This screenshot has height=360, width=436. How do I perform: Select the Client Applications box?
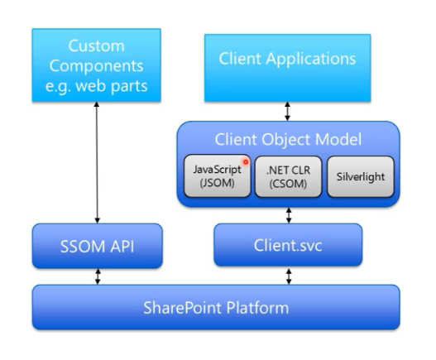click(x=287, y=59)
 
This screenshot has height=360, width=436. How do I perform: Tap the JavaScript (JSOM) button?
click(x=217, y=177)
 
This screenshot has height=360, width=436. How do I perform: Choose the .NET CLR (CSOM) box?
click(x=287, y=177)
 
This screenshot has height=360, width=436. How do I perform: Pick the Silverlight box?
click(x=354, y=177)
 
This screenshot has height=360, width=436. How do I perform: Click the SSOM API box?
click(x=98, y=246)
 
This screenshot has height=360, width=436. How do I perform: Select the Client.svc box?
click(x=287, y=246)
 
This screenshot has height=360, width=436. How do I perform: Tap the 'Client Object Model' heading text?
click(x=287, y=138)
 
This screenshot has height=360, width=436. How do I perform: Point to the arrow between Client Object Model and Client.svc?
click(x=287, y=214)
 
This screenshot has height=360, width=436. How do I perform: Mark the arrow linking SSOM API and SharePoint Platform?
click(x=98, y=277)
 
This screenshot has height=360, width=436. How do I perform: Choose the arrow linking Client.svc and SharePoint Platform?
click(x=287, y=277)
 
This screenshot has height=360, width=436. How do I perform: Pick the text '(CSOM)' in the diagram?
click(x=287, y=185)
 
